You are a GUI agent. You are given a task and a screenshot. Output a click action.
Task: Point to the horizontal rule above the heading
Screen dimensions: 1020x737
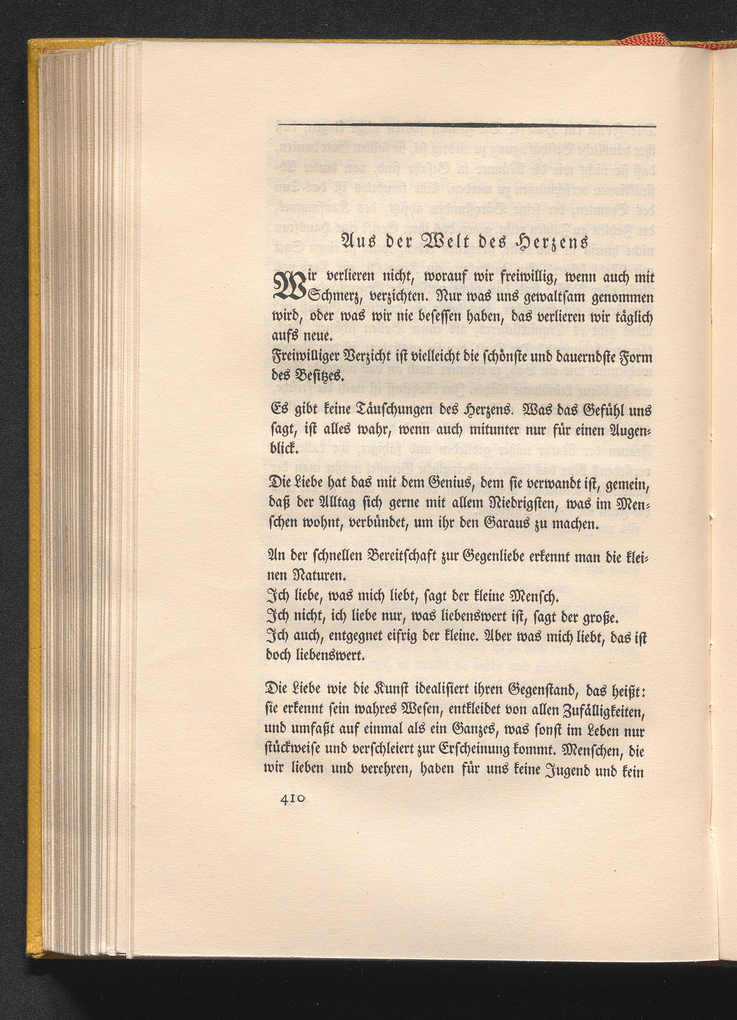click(x=467, y=125)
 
